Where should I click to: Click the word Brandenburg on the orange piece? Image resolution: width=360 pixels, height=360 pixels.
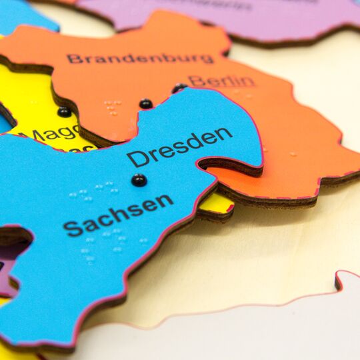[140, 58]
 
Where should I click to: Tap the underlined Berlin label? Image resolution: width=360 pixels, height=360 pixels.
[221, 81]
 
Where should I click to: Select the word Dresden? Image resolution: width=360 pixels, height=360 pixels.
[179, 147]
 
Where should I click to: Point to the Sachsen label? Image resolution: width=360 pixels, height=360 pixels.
[118, 215]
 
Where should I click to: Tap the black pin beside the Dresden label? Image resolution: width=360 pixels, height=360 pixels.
[139, 179]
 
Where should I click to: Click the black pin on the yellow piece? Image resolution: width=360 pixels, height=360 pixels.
[64, 111]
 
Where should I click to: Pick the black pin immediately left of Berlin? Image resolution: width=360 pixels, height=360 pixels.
[179, 88]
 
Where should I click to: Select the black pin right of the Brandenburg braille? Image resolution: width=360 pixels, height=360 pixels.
[145, 103]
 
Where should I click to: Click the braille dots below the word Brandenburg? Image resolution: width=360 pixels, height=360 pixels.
[112, 107]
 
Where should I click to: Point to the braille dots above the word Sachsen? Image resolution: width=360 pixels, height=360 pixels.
[93, 193]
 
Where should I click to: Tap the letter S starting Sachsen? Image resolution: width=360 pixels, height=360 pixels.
[70, 229]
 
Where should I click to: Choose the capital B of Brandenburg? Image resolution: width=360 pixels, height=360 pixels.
[72, 59]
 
